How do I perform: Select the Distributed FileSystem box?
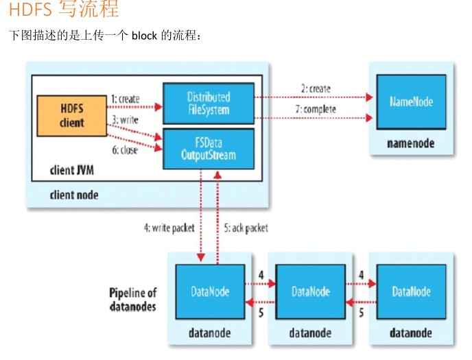point(208,103)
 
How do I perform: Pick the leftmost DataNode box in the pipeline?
point(209,291)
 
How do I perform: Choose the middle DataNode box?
point(311,291)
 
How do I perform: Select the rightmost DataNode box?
point(411,291)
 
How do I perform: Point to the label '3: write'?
point(124,119)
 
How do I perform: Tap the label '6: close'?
point(124,150)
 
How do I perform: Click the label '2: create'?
point(315,88)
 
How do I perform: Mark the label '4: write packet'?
point(169,228)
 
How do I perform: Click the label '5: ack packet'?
point(246,228)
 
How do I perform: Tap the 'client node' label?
point(73,195)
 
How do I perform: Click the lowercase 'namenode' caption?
point(410,144)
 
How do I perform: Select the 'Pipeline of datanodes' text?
point(132,299)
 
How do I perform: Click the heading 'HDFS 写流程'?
point(64,10)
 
